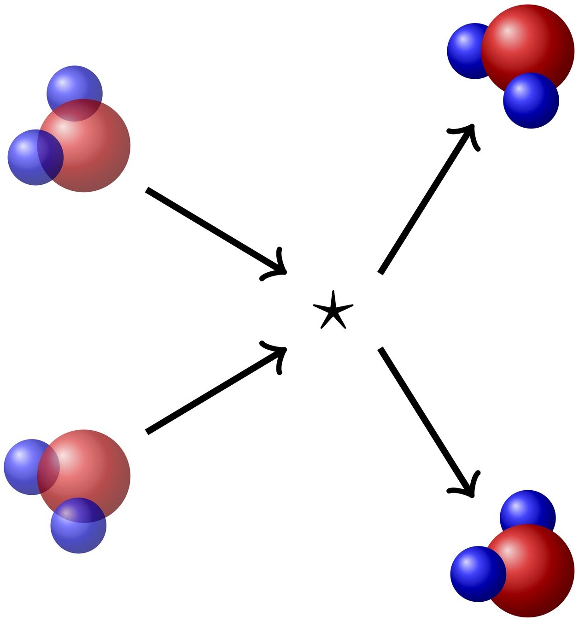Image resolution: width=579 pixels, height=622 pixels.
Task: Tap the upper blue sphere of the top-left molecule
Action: click(x=74, y=85)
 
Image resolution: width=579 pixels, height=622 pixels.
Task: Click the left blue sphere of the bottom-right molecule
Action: click(x=474, y=574)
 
